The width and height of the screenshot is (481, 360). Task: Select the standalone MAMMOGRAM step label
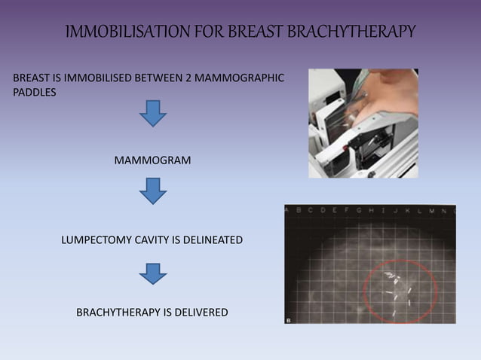pos(153,161)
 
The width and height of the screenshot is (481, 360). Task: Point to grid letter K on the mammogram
pos(418,212)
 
